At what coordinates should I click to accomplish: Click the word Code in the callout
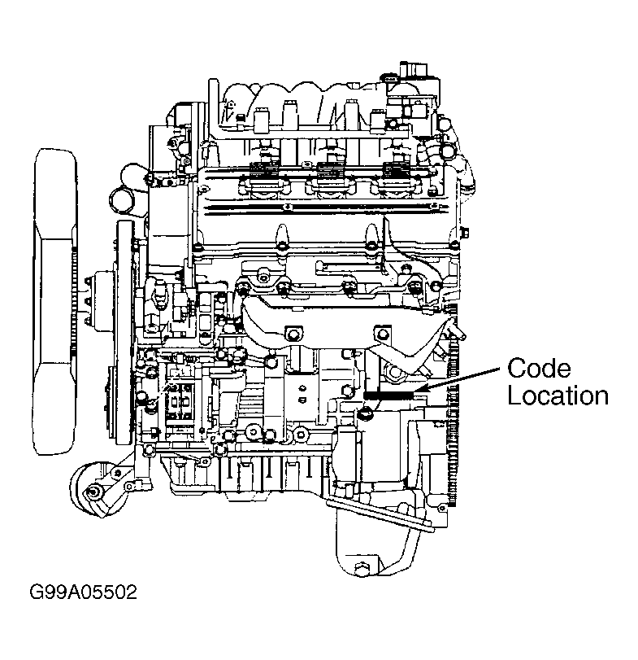540,368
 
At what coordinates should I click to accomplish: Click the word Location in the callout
557,396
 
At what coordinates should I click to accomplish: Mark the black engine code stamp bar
389,396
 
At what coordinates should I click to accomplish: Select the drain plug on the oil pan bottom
362,567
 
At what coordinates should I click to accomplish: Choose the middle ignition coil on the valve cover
328,174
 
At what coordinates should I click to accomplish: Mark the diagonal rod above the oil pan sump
382,516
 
